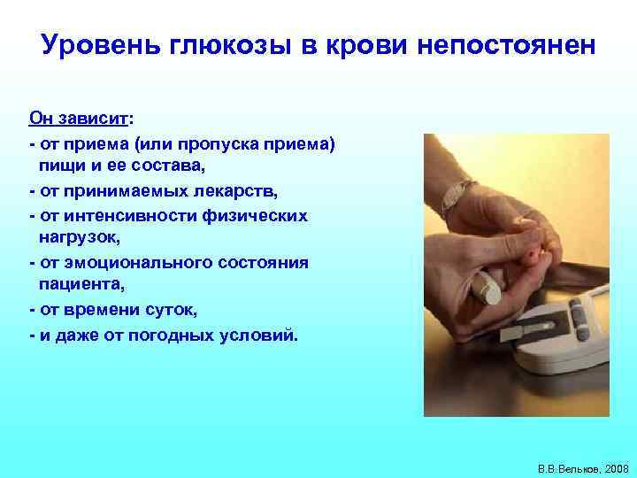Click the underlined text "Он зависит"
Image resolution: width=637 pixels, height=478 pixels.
(x=78, y=119)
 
